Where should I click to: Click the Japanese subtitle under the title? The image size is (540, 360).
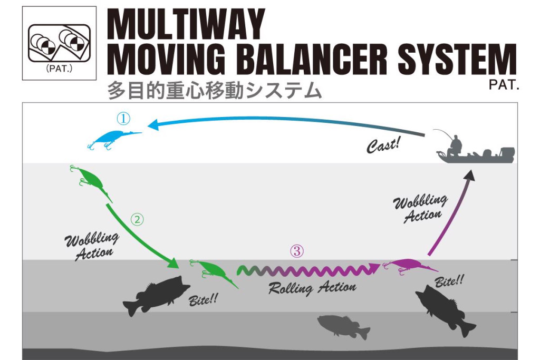(214, 90)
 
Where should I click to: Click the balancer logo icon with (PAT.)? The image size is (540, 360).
(59, 43)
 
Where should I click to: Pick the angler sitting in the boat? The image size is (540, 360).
(455, 144)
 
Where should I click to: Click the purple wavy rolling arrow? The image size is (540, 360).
(308, 270)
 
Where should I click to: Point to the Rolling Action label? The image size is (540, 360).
(312, 288)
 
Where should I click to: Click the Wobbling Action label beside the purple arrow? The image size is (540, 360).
(422, 208)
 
